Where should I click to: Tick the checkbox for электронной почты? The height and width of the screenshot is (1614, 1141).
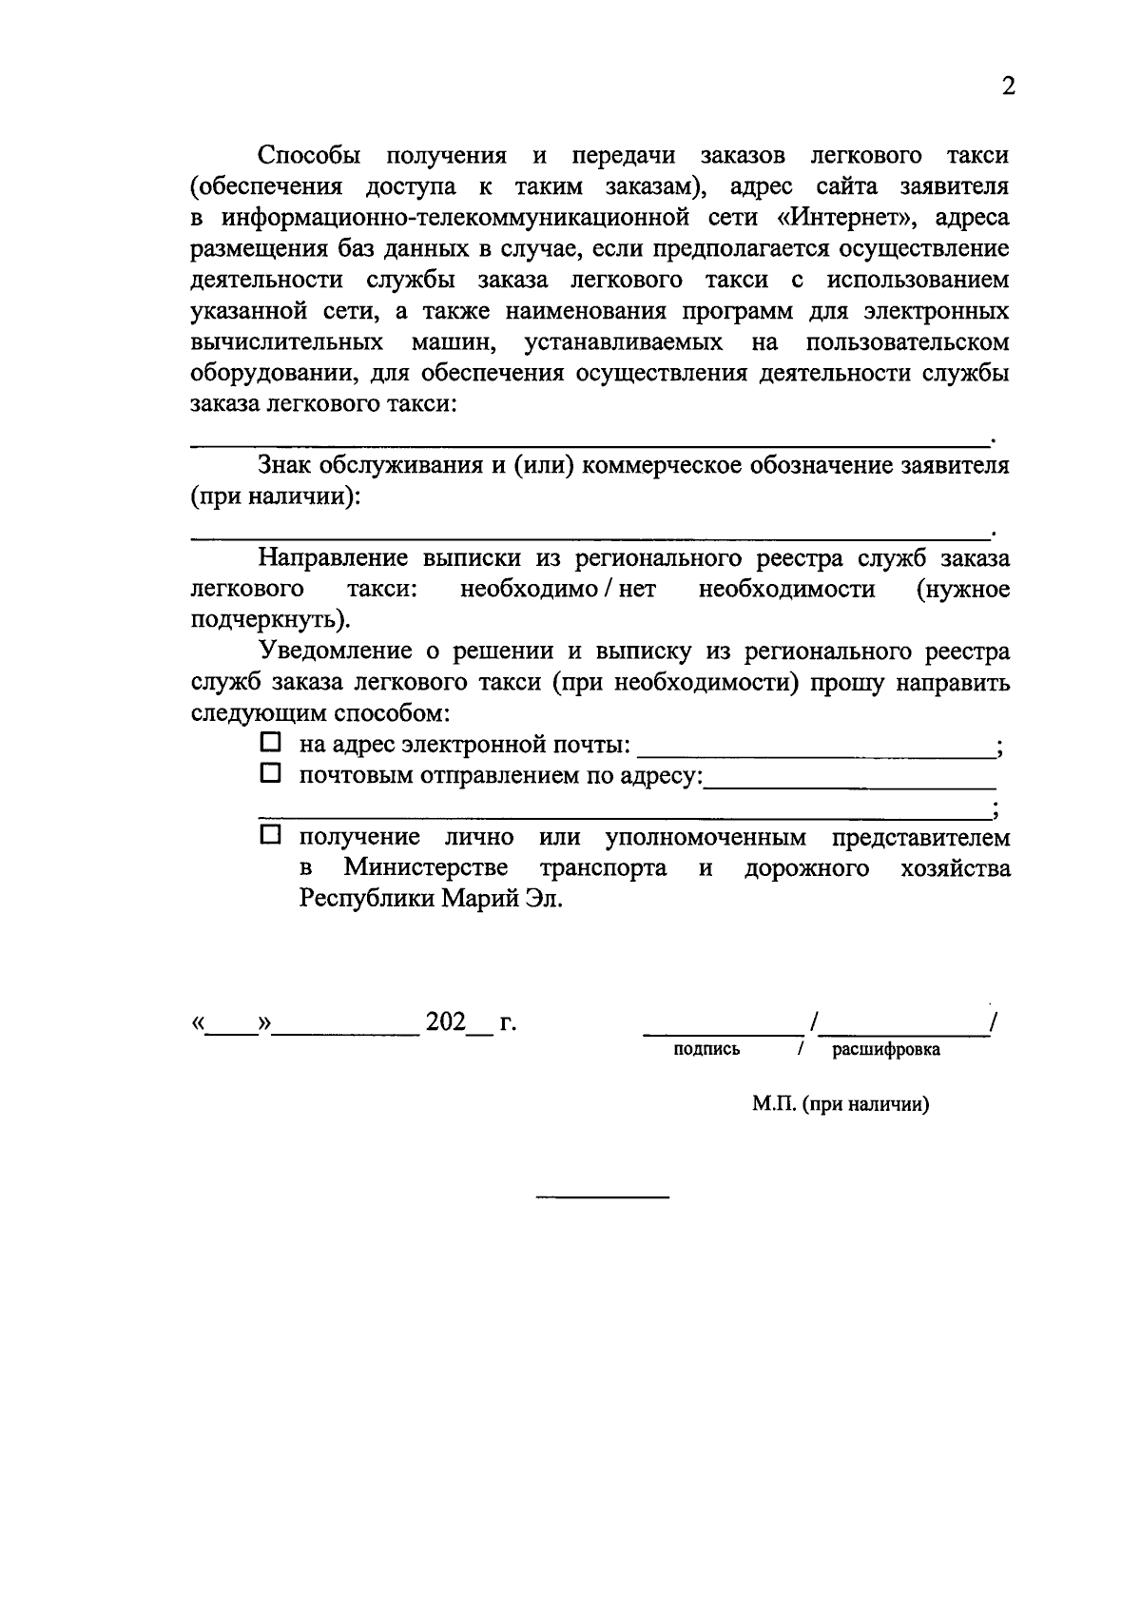tap(271, 742)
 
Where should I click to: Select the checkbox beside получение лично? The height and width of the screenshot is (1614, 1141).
tap(271, 836)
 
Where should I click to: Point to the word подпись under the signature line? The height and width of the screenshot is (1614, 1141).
tap(706, 1049)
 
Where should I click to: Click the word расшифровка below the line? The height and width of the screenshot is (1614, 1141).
tap(886, 1049)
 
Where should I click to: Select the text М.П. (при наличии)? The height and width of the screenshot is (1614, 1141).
tap(840, 1104)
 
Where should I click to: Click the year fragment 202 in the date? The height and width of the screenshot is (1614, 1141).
tap(446, 1022)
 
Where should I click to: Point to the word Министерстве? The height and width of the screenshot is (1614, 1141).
tap(425, 868)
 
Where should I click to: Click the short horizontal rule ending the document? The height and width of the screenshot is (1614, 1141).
tap(602, 1196)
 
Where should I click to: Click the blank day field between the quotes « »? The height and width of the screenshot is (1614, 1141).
tap(234, 1027)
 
